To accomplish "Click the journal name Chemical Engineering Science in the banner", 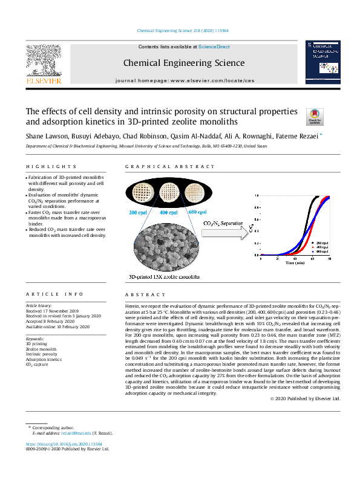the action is [x=184, y=63].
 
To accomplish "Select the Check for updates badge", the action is [x=316, y=116].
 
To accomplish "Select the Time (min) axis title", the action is [x=296, y=262].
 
